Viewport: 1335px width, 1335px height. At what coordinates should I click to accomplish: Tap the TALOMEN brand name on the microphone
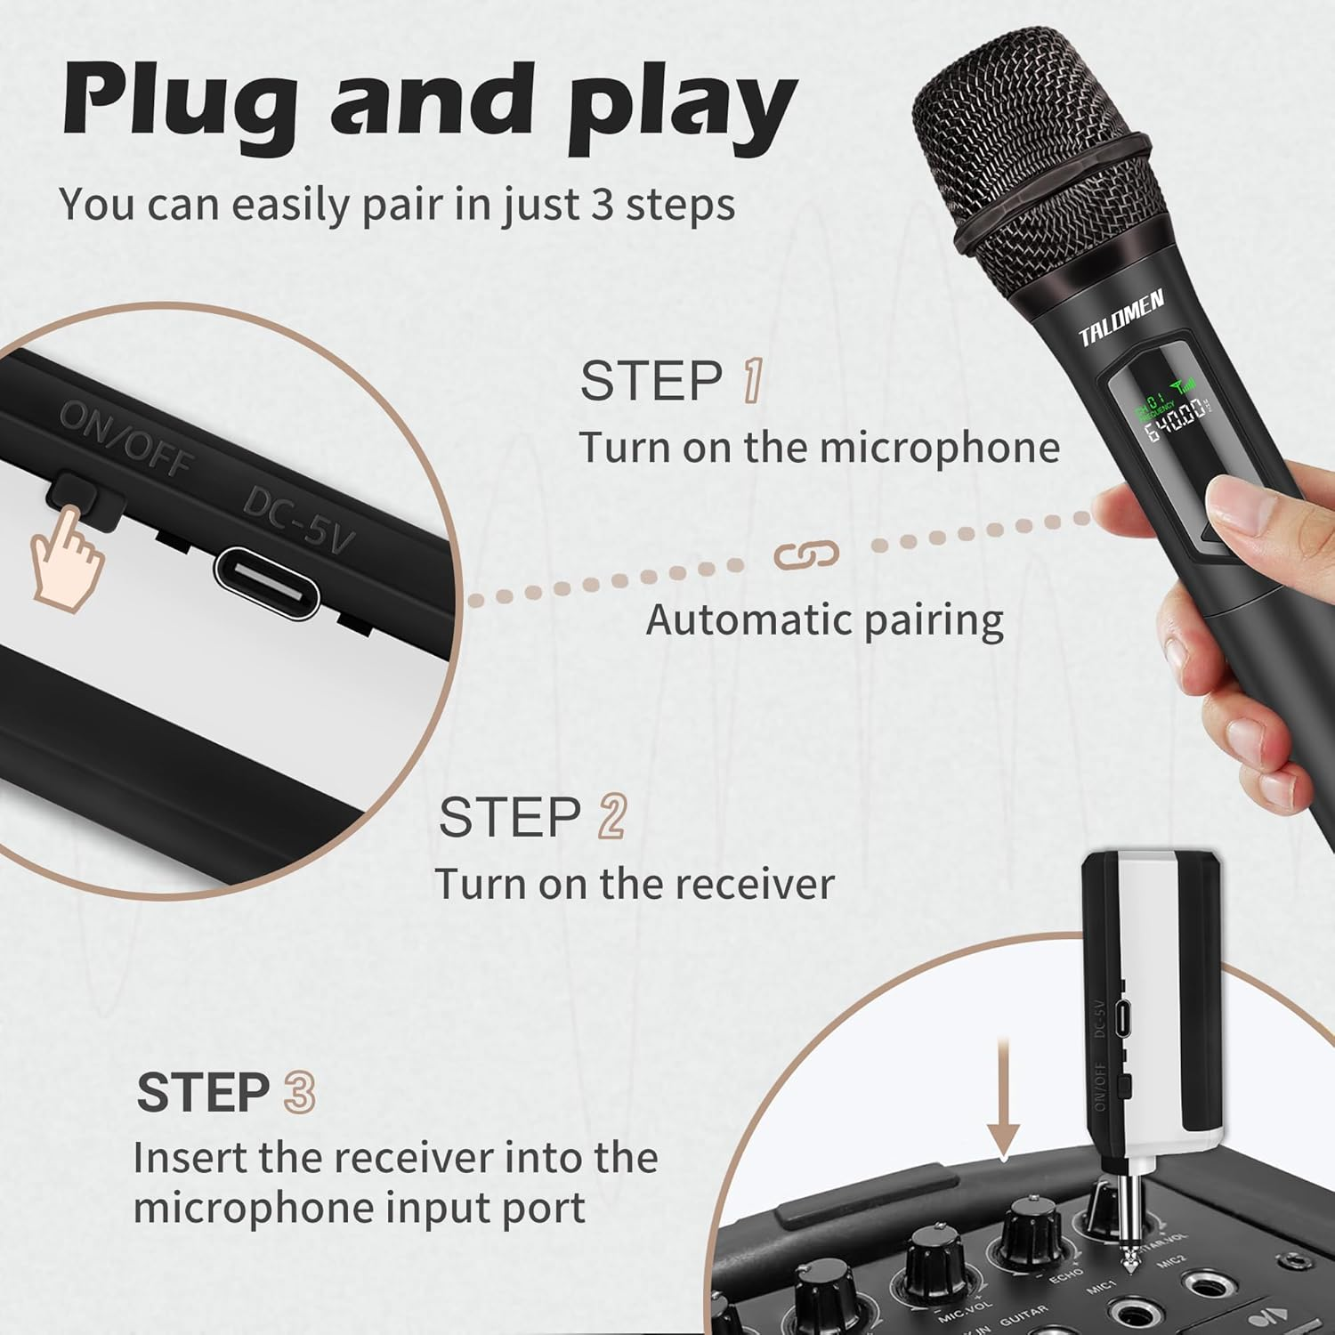click(x=1121, y=319)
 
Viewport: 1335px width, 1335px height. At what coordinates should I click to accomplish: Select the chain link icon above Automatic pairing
click(x=806, y=554)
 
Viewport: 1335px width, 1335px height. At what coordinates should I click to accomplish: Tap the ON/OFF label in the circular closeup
click(x=125, y=439)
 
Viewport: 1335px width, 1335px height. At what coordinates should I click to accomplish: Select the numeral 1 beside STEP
click(x=752, y=381)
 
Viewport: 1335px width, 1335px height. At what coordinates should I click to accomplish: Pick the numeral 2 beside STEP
click(x=612, y=816)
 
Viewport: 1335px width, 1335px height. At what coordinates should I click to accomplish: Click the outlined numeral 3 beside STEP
click(x=299, y=1092)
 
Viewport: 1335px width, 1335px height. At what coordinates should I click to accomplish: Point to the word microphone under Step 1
click(x=939, y=447)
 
